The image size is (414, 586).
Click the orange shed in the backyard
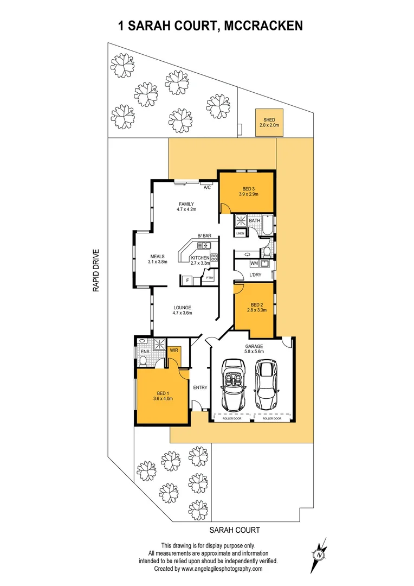(x=269, y=122)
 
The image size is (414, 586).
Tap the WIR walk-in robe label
(x=174, y=351)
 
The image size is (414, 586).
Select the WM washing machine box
(x=254, y=264)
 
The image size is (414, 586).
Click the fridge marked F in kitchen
(x=187, y=280)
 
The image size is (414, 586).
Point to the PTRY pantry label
(x=209, y=278)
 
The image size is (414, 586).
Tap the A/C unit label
(x=207, y=188)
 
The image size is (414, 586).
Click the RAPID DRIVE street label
(x=96, y=271)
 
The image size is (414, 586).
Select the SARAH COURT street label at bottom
(x=235, y=530)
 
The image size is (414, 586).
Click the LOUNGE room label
(x=182, y=310)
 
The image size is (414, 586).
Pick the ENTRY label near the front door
(x=200, y=387)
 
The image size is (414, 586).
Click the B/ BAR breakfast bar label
(x=204, y=235)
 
